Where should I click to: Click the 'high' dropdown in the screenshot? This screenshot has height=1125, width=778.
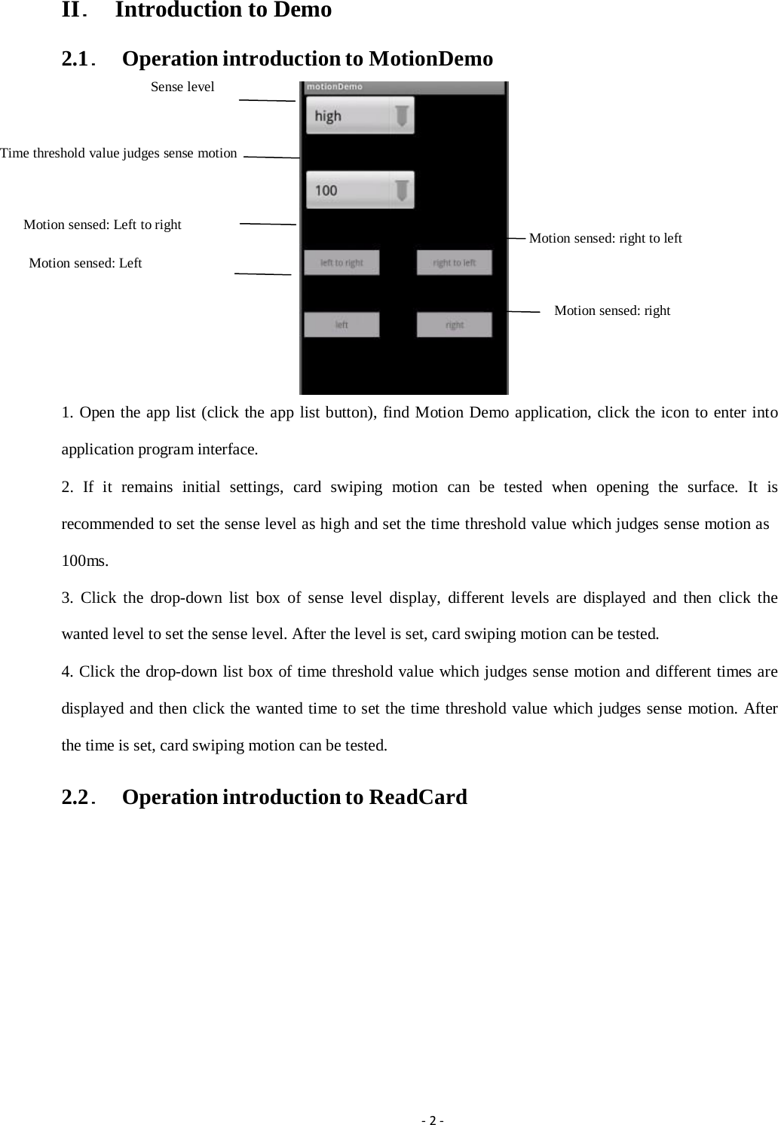(359, 116)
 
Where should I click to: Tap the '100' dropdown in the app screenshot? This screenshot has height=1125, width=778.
(359, 190)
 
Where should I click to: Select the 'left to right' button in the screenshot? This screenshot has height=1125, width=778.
(342, 263)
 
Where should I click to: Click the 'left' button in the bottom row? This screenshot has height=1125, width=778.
(342, 325)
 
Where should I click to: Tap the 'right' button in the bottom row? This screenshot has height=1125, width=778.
(455, 325)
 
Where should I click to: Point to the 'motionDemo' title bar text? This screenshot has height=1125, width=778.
(335, 87)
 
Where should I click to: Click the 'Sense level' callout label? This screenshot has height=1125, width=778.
(182, 87)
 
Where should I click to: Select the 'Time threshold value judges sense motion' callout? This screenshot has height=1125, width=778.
(118, 153)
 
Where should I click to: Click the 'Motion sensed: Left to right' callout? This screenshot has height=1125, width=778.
(103, 225)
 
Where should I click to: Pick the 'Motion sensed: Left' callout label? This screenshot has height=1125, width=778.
(85, 263)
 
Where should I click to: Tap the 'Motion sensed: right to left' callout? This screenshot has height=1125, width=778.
(605, 238)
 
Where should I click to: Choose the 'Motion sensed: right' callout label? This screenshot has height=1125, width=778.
(612, 310)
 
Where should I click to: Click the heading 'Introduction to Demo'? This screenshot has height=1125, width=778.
(223, 11)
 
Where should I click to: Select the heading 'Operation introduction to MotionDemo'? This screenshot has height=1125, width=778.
(307, 59)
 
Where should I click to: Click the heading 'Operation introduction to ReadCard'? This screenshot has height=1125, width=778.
(294, 797)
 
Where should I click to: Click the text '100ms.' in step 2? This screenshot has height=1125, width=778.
(84, 561)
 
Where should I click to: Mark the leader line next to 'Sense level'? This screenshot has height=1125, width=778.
(266, 99)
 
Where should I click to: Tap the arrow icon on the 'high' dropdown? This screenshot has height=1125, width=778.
(402, 116)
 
